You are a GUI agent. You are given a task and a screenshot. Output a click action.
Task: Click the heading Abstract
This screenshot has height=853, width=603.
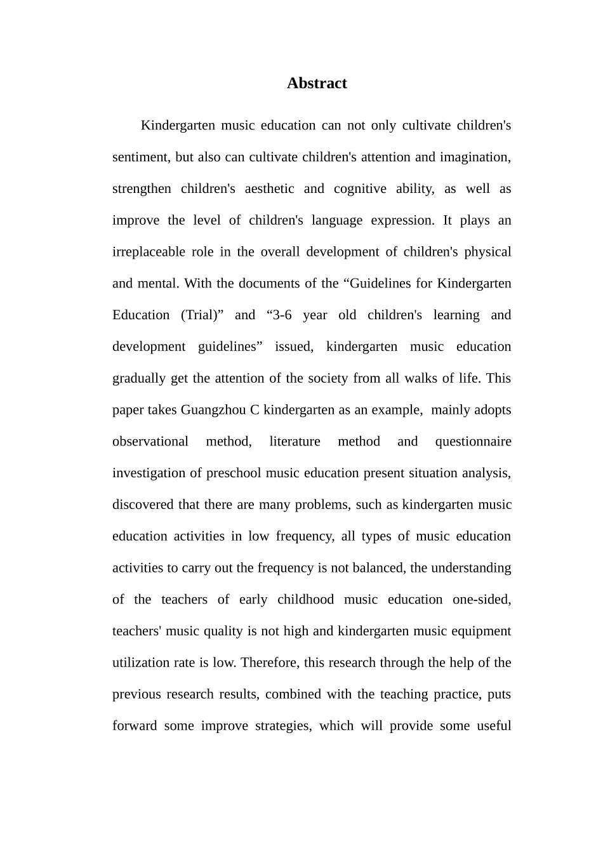coord(316,84)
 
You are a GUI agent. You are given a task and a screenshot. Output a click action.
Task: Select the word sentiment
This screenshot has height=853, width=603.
coord(140,157)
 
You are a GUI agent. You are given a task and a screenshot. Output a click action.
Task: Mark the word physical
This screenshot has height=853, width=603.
coord(487,252)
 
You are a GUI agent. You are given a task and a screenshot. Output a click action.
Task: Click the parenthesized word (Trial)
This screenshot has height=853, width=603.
coord(202,315)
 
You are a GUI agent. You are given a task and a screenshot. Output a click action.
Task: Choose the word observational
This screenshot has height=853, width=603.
coord(150,442)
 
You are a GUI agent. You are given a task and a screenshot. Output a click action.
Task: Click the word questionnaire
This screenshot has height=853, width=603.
coord(473,442)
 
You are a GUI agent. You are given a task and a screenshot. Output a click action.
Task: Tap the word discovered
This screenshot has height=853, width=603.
coord(143,505)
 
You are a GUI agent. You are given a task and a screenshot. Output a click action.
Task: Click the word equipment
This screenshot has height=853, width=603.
coord(482,631)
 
